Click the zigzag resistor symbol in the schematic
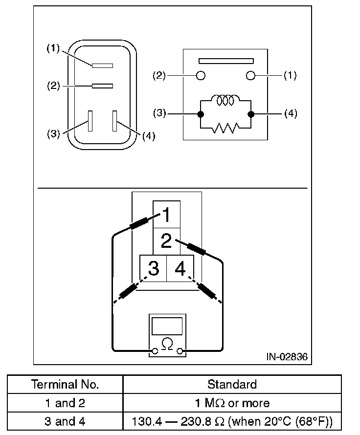click(225, 128)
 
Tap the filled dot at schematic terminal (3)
click(200, 114)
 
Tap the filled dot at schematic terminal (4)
click(251, 114)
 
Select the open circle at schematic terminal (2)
click(200, 76)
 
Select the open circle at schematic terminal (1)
click(251, 76)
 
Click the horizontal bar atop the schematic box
click(225, 61)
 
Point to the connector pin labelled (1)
click(103, 65)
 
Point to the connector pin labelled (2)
click(103, 86)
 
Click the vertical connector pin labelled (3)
click(90, 121)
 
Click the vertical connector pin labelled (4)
click(115, 121)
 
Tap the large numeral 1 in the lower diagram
click(167, 215)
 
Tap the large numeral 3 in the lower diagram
click(154, 269)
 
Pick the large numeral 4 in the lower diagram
click(180, 269)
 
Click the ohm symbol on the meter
click(167, 344)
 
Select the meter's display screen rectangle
click(167, 326)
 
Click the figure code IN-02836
click(287, 357)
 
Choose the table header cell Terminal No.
click(65, 384)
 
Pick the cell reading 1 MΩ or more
click(232, 403)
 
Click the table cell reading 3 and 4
click(65, 421)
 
